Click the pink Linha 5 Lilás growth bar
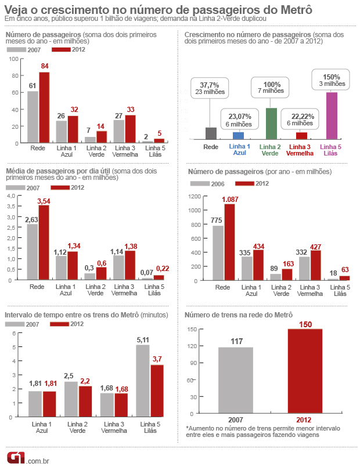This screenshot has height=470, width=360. [x=332, y=115]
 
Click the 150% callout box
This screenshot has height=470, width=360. [x=332, y=80]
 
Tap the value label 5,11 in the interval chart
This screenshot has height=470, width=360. [x=143, y=340]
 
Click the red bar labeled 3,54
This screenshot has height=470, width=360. [x=44, y=243]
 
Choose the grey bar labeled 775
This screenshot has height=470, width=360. [x=218, y=252]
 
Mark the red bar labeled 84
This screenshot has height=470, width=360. [x=44, y=107]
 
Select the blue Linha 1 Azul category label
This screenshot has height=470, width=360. [x=240, y=150]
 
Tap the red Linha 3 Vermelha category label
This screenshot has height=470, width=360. [x=300, y=150]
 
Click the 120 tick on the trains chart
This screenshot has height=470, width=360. [x=192, y=346]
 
